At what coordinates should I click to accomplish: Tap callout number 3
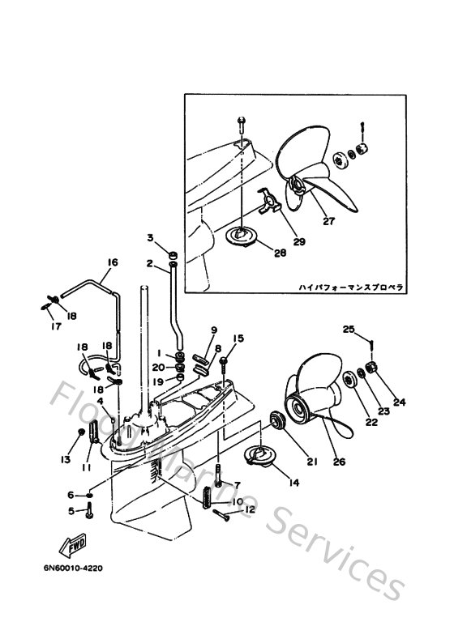click(x=150, y=236)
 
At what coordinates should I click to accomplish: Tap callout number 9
click(x=214, y=330)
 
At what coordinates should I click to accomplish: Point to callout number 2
click(x=150, y=263)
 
